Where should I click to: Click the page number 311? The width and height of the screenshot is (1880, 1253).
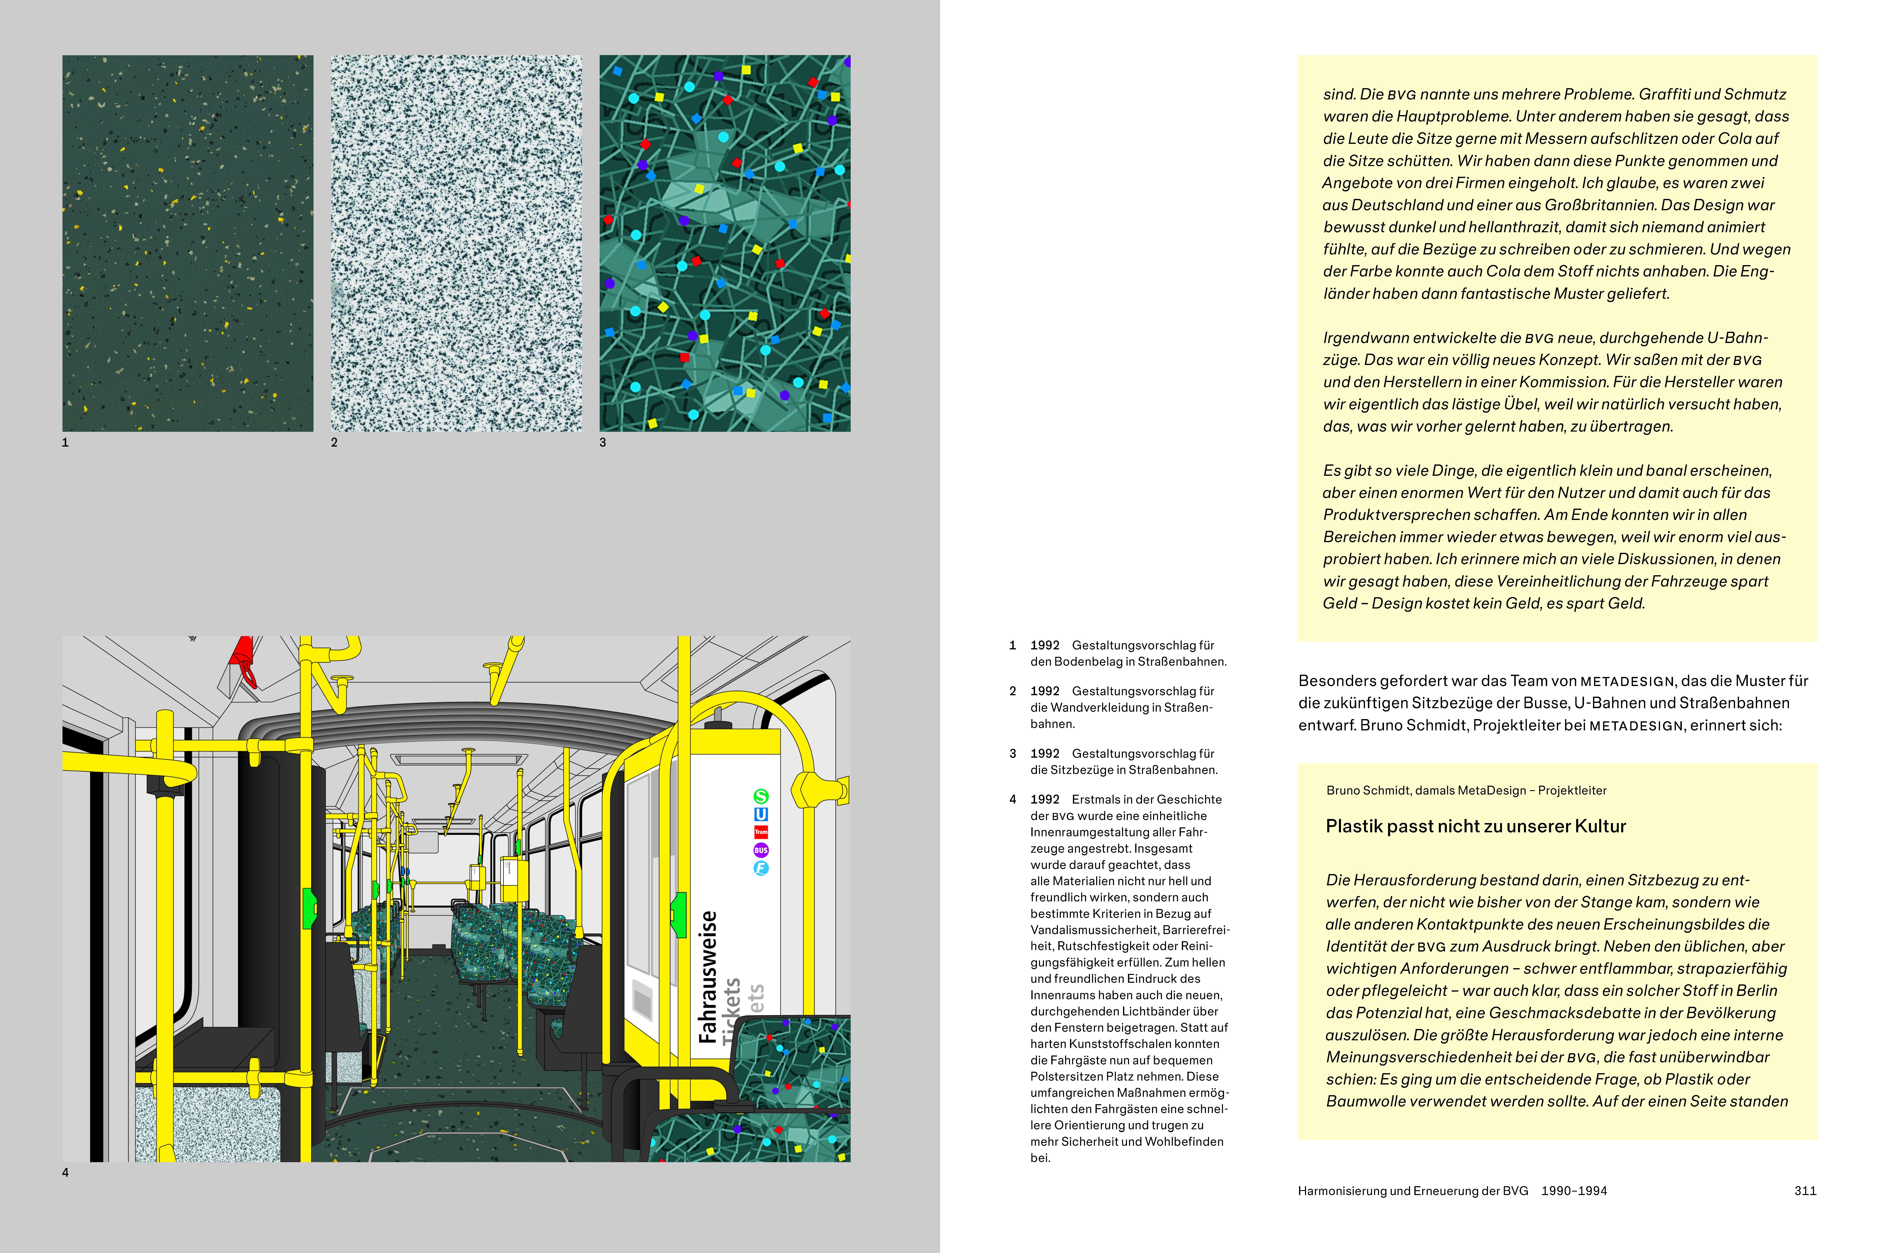pos(1805,1191)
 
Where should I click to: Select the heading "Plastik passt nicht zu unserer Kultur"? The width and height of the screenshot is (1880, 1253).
pos(1476,826)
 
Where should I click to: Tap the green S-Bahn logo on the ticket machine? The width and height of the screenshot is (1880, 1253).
pos(761,797)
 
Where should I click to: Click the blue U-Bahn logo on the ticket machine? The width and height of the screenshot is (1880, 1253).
pos(761,814)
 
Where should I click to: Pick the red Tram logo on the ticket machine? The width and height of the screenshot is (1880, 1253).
pos(761,832)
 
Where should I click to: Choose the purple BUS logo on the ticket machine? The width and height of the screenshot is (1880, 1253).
pos(761,850)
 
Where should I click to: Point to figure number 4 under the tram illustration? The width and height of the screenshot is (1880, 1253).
pos(66,1172)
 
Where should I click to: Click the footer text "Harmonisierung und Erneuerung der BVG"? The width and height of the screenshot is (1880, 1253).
pos(1412,1191)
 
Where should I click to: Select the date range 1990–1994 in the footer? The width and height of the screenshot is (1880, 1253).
pos(1574,1191)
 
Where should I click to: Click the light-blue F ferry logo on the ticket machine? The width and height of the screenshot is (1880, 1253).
pos(761,868)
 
